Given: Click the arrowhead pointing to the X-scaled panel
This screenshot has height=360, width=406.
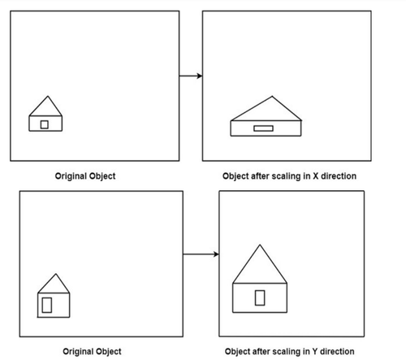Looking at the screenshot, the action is point(200,76).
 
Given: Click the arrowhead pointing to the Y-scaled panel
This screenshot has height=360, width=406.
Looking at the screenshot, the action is point(216,254).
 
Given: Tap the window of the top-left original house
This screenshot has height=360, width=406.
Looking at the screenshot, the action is point(45,124).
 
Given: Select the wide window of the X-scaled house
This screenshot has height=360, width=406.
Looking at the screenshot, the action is point(263,128).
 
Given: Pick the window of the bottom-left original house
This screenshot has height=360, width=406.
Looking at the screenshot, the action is point(47,305).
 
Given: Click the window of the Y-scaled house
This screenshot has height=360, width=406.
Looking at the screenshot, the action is point(260,297).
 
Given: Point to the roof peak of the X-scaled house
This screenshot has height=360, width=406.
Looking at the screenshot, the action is point(272,96).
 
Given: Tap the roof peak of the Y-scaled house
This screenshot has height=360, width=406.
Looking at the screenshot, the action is point(260,245).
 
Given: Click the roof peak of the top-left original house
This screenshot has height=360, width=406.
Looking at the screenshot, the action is point(48,96).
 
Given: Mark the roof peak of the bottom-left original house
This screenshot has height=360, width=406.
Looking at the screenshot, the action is point(56,274).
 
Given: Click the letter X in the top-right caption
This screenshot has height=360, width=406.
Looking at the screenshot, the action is point(316,176).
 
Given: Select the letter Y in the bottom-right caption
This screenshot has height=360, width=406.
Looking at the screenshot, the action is point(315,351).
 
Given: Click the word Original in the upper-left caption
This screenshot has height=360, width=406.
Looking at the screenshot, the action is point(71,176).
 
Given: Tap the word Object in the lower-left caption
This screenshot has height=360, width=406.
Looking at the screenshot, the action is point(109,352).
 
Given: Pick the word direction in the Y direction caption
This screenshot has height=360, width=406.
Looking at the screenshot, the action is point(337,351).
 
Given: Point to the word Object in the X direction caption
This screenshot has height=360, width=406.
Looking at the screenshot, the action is point(235,176).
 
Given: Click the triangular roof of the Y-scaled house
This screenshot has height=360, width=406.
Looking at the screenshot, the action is point(260,264).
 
